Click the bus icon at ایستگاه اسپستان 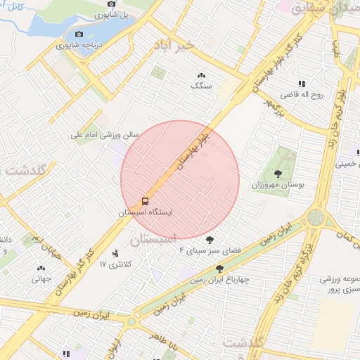click(146, 201)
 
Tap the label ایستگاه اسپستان click(145, 212)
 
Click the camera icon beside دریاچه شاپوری click(79, 34)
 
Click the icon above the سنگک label click(201, 75)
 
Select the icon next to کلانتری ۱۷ click(115, 253)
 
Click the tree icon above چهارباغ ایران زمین click(220, 268)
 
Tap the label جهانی click(41, 278)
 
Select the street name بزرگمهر click(276, 106)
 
